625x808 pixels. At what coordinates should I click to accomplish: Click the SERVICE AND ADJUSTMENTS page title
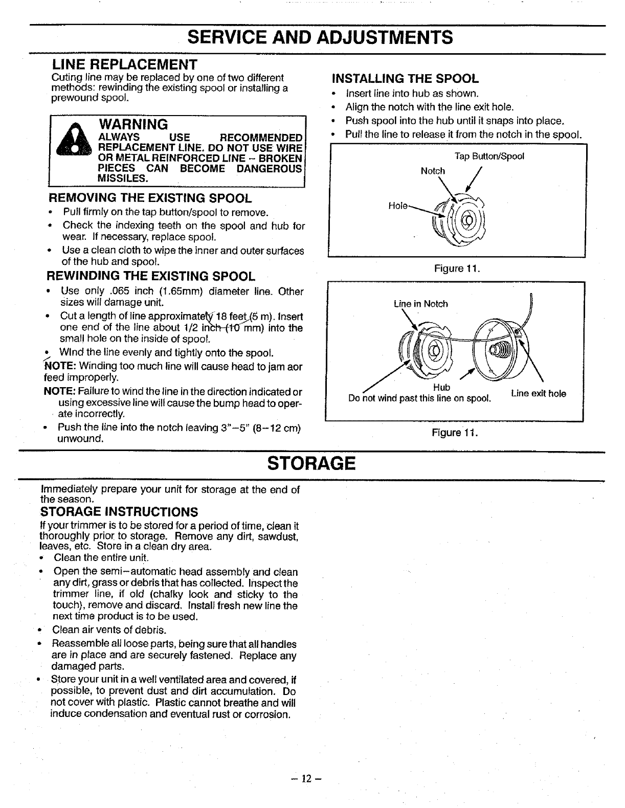pos(320,38)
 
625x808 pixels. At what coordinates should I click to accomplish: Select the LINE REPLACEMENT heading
pos(125,65)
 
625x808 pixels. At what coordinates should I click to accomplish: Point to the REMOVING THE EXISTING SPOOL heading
pos(150,198)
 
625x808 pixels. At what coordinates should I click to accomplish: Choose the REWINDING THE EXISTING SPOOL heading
pos(151,277)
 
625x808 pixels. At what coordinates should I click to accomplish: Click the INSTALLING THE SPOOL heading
pos(405,79)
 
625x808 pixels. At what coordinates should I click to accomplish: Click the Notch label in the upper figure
pos(433,171)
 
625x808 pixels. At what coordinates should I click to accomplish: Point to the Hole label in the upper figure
pos(398,206)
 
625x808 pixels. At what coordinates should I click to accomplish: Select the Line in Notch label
pos(420,304)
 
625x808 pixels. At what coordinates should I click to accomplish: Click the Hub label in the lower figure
pos(441,387)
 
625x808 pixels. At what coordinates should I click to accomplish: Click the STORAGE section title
pos(311,463)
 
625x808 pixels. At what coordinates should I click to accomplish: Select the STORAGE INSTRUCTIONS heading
pos(119,512)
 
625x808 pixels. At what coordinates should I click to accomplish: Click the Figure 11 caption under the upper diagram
pos(456,268)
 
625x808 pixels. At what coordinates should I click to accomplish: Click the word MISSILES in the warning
pos(123,178)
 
